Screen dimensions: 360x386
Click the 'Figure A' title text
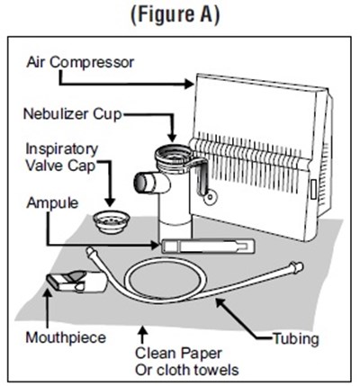pyautogui.click(x=175, y=14)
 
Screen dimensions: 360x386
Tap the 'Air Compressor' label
pyautogui.click(x=80, y=62)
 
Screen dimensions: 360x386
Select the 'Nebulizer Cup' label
pyautogui.click(x=73, y=114)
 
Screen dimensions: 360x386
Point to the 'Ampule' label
pyautogui.click(x=52, y=203)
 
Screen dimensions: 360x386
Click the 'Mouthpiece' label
pyautogui.click(x=66, y=337)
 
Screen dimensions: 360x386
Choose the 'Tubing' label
pyautogui.click(x=296, y=339)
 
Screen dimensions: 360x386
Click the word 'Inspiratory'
pyautogui.click(x=62, y=149)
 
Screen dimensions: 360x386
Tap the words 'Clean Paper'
pyautogui.click(x=178, y=354)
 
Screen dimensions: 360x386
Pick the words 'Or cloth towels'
pyautogui.click(x=187, y=370)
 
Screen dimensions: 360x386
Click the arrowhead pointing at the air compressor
pyautogui.click(x=189, y=84)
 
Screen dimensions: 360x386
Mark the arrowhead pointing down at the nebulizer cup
pyautogui.click(x=172, y=138)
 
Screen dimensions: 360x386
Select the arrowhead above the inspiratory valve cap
pyautogui.click(x=110, y=202)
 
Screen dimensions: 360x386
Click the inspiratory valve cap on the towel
pyautogui.click(x=112, y=221)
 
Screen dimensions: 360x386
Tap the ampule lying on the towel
pyautogui.click(x=208, y=246)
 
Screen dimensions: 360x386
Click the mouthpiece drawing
pyautogui.click(x=77, y=282)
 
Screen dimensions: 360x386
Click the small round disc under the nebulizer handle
pyautogui.click(x=211, y=197)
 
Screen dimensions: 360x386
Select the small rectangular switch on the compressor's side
pyautogui.click(x=313, y=189)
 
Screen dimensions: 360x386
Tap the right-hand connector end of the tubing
pyautogui.click(x=296, y=267)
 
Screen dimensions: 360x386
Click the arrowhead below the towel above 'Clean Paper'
pyautogui.click(x=143, y=331)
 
